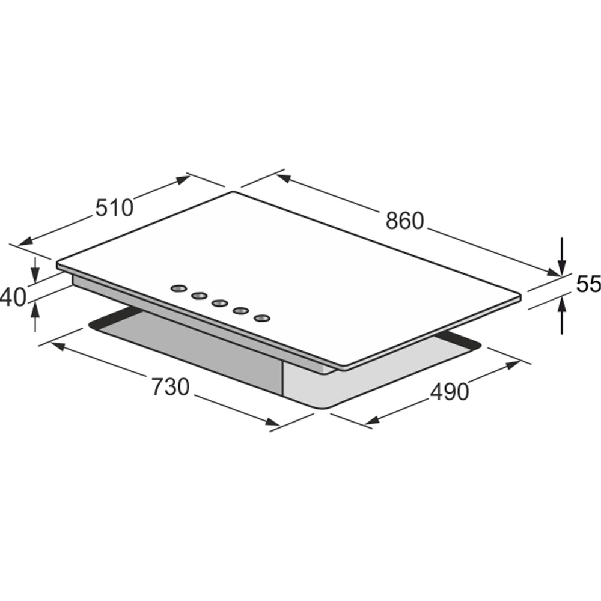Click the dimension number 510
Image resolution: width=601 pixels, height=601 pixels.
tap(114, 207)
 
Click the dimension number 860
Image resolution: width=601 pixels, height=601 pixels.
tap(404, 221)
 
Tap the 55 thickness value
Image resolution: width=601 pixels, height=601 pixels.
tap(588, 284)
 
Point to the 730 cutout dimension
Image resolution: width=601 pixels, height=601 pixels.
tap(169, 387)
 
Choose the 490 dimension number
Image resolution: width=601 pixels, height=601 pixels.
tap(449, 391)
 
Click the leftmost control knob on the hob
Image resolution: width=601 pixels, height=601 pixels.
tap(178, 288)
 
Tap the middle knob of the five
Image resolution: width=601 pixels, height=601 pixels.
tap(220, 303)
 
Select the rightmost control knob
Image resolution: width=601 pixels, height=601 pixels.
tap(262, 317)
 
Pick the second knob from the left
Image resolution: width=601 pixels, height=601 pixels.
tap(199, 296)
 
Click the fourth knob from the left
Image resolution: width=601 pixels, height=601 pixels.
tap(241, 310)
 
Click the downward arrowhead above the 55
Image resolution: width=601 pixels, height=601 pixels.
tap(561, 267)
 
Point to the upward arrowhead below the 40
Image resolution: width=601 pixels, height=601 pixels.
tap(36, 308)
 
